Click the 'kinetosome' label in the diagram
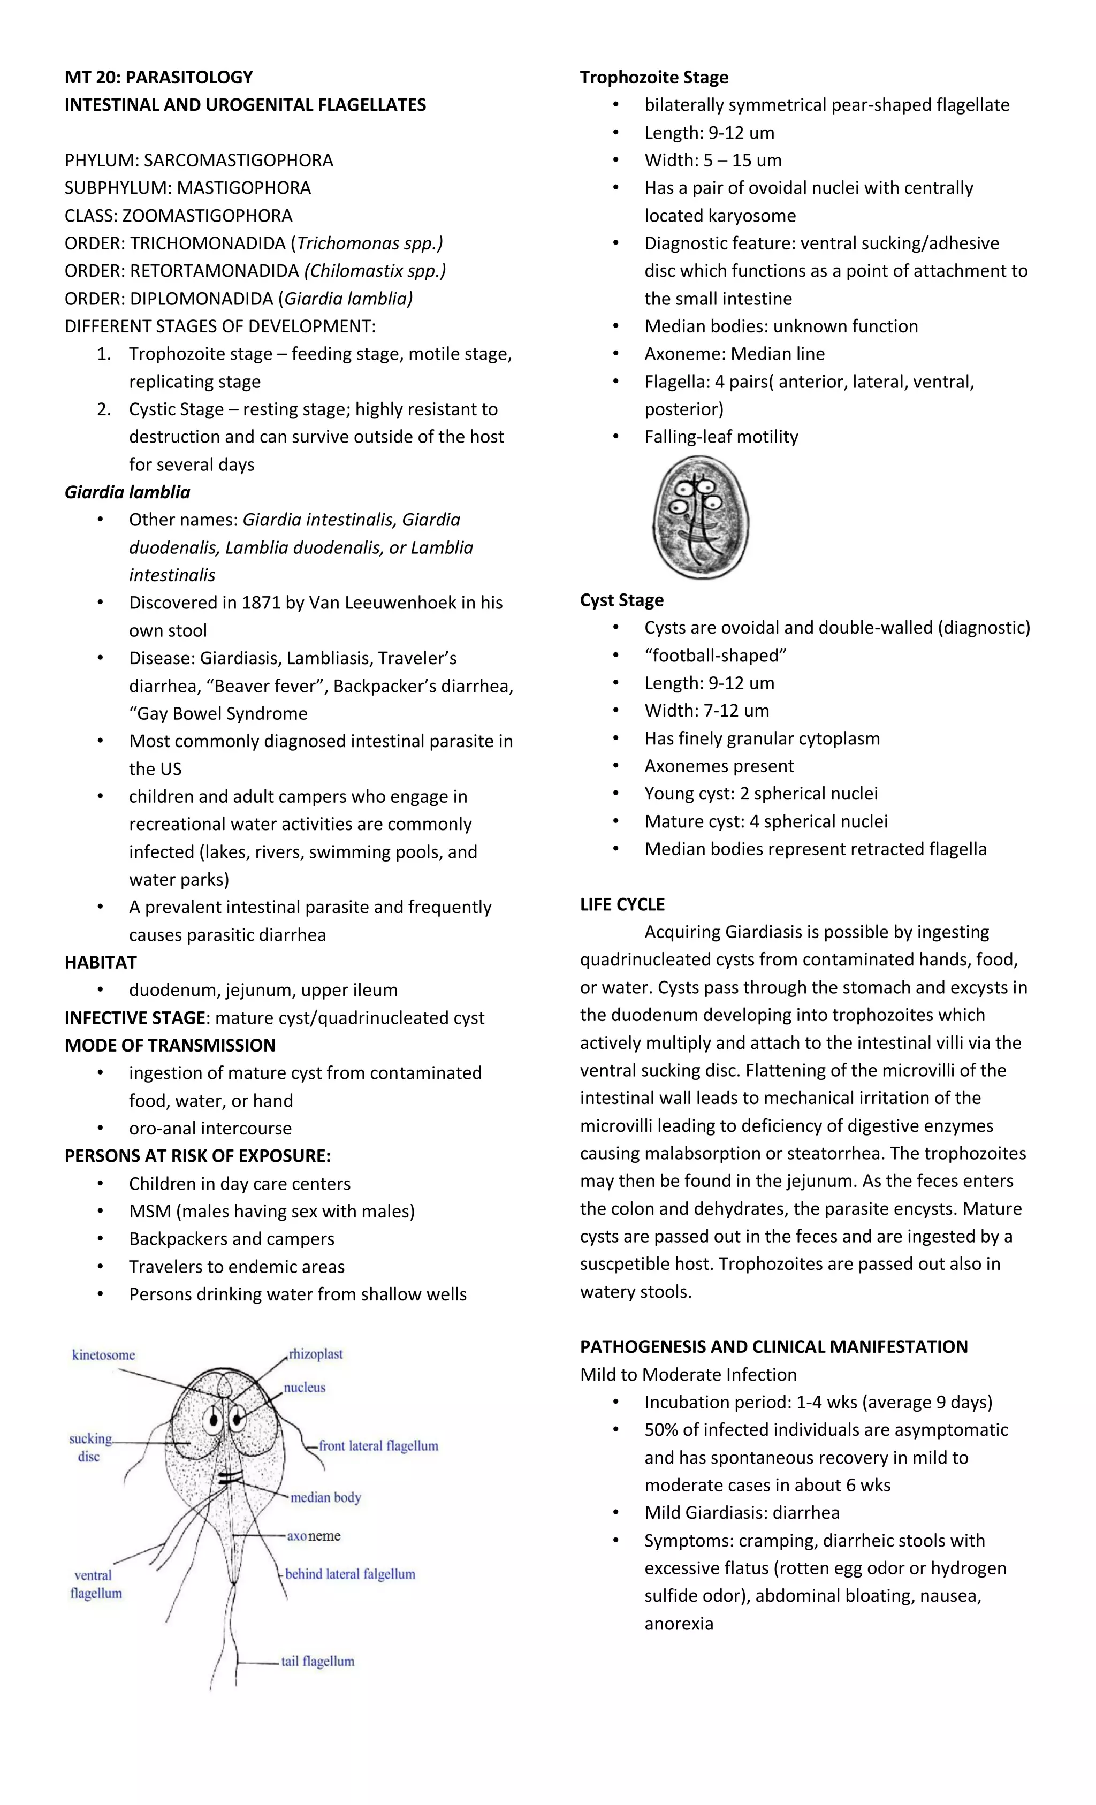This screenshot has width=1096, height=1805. tap(103, 1355)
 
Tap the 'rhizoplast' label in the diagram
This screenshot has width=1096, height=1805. tap(315, 1354)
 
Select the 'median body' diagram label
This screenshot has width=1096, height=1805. tap(325, 1497)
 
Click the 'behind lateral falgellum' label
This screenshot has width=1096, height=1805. tap(349, 1574)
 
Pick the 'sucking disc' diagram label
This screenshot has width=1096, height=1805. tap(90, 1448)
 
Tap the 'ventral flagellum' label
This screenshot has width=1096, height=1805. tap(95, 1584)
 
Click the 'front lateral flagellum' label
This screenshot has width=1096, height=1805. tap(378, 1446)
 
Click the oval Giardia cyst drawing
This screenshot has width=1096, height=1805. tap(701, 517)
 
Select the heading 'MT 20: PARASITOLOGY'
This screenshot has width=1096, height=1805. tap(158, 77)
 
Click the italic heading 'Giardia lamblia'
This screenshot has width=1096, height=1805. tap(127, 492)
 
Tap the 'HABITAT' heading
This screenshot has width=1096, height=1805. tap(101, 962)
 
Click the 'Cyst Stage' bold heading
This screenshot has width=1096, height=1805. tap(621, 600)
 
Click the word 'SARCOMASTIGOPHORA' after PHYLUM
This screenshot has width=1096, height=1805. tap(238, 159)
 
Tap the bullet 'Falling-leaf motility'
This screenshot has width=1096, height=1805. tap(721, 437)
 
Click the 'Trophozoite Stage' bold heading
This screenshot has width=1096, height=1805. tap(653, 77)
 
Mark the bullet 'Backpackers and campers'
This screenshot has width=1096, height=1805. tap(232, 1239)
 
